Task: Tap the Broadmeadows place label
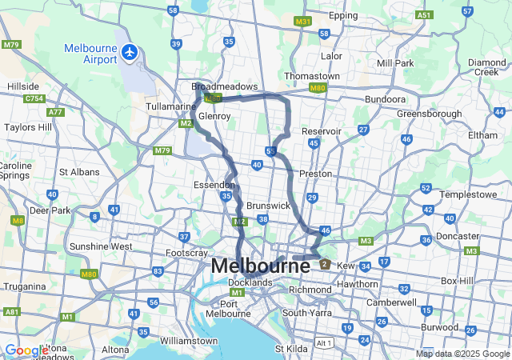pyautogui.click(x=225, y=86)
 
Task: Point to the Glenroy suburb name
pyautogui.click(x=214, y=116)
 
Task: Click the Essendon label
pyautogui.click(x=214, y=184)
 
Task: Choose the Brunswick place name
pyautogui.click(x=268, y=206)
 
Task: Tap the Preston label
pyautogui.click(x=314, y=173)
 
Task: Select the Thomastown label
pyautogui.click(x=312, y=76)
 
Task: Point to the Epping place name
pyautogui.click(x=343, y=15)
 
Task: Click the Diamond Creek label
pyautogui.click(x=487, y=67)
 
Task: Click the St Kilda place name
pyautogui.click(x=290, y=349)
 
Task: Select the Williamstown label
pyautogui.click(x=190, y=341)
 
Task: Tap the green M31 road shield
pyautogui.click(x=302, y=21)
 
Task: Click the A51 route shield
pyautogui.click(x=424, y=14)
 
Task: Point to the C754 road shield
pyautogui.click(x=34, y=98)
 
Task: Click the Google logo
pyautogui.click(x=26, y=350)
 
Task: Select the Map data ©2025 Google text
pyautogui.click(x=462, y=354)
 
